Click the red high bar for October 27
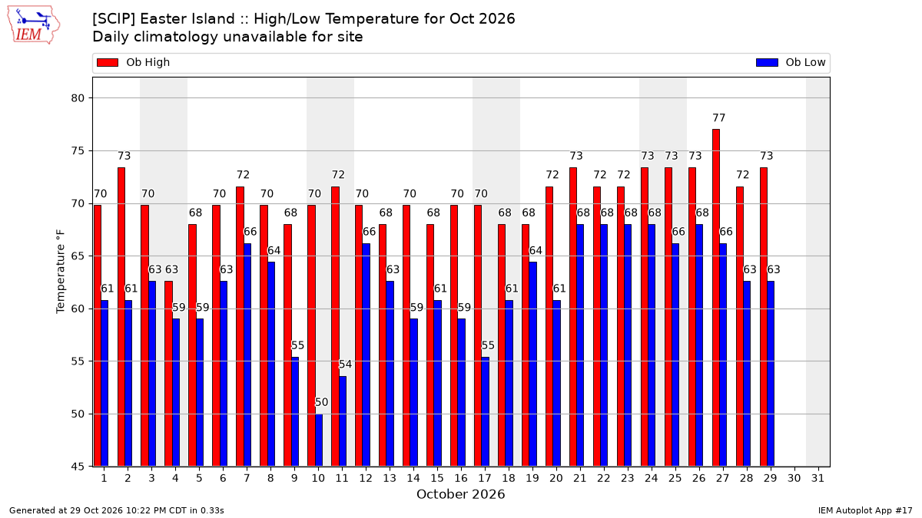tap(716, 298)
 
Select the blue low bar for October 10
tap(319, 440)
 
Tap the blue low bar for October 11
tap(343, 421)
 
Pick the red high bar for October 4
tap(168, 374)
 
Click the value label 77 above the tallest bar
tap(718, 118)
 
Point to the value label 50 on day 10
tap(321, 402)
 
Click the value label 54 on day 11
tap(345, 365)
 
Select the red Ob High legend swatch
tap(108, 62)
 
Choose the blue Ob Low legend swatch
tap(767, 62)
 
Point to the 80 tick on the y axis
tap(78, 98)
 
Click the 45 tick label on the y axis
tap(78, 467)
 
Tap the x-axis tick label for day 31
tap(818, 478)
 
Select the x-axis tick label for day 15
tap(437, 478)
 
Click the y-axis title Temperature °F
tap(61, 272)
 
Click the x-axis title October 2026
tap(460, 494)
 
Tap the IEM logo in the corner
tap(33, 25)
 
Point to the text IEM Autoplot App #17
tap(865, 510)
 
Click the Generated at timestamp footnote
tap(117, 510)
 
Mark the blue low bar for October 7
tap(247, 355)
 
